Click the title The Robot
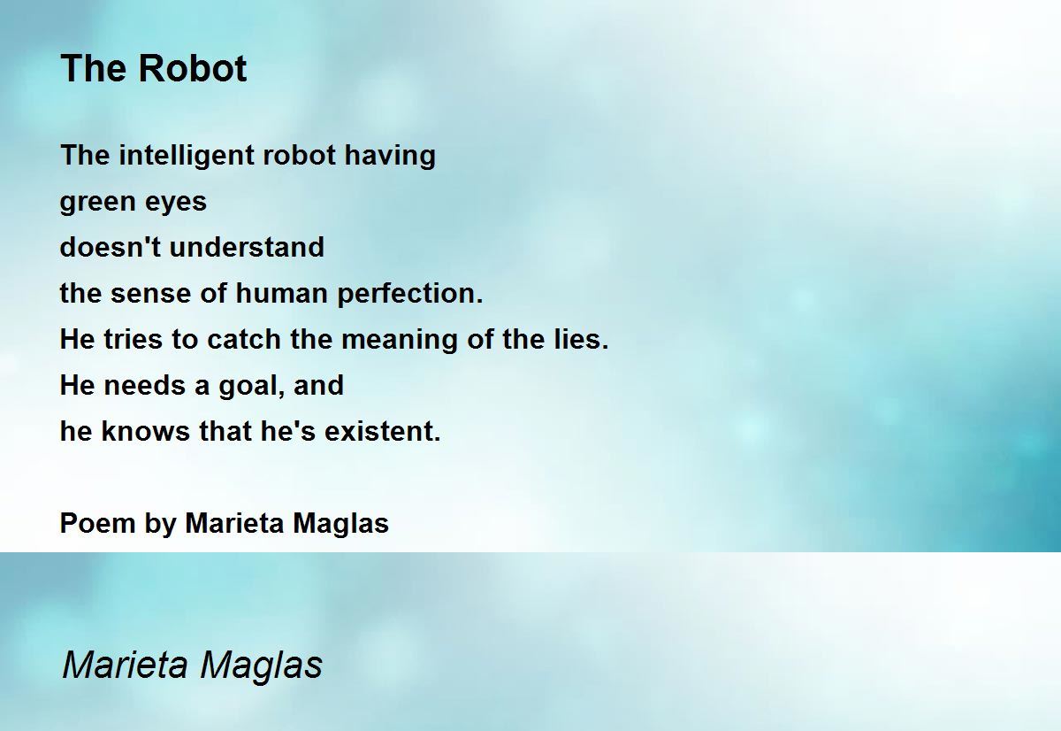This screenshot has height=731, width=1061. pos(153,69)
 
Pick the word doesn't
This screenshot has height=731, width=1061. pos(110,247)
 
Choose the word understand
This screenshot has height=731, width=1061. pos(247,247)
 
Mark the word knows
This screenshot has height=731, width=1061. pos(140,431)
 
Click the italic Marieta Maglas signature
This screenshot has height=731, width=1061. pos(192,665)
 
